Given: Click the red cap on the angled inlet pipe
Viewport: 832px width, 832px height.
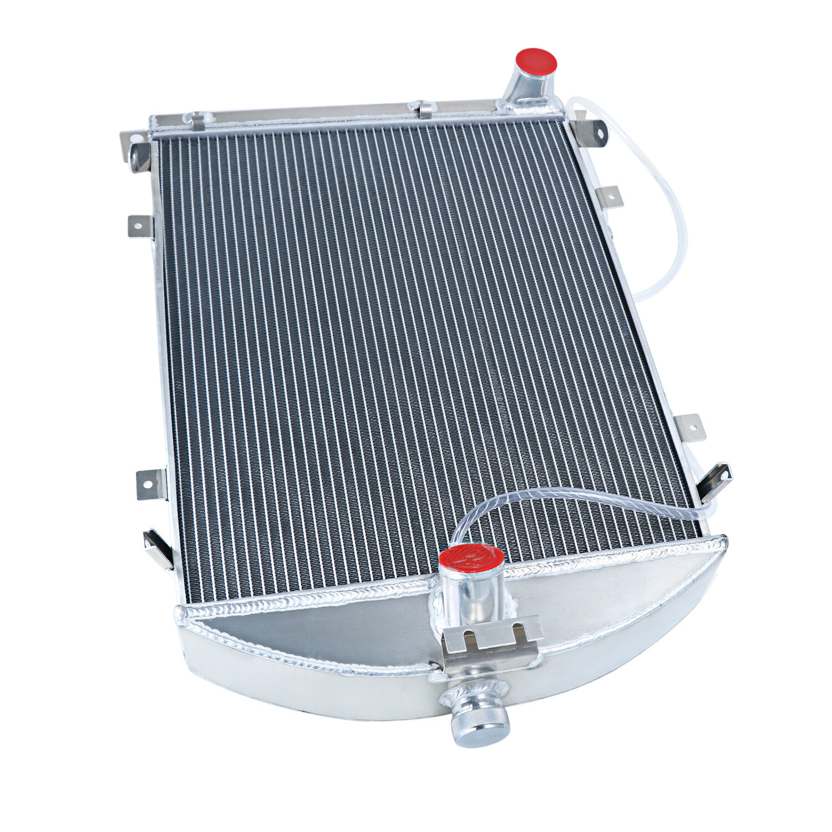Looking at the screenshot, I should point(536,61).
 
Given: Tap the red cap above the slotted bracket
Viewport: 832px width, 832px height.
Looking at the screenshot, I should point(471,556).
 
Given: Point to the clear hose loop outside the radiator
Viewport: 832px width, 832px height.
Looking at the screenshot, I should point(666,211).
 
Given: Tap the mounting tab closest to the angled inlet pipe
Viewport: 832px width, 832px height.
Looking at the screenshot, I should point(590,134).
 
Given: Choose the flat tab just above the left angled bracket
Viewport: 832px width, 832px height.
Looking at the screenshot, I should point(150,481).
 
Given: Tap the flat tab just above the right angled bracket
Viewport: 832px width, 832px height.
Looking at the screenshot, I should point(690,427).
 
